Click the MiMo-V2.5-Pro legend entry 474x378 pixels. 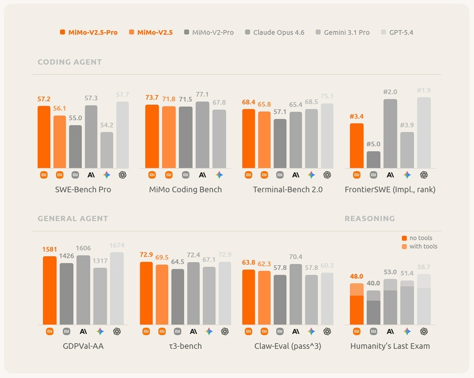tap(89, 32)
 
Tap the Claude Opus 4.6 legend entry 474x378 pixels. tap(274, 32)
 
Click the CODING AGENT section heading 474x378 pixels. tap(70, 62)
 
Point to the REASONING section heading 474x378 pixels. tap(369, 218)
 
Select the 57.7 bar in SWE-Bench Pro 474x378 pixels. tap(122, 135)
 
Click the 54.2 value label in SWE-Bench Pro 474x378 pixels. tap(107, 125)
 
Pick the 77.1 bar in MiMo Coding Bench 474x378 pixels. tap(202, 135)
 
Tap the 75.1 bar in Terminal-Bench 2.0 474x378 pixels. tap(327, 136)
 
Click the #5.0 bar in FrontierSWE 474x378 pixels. tap(374, 160)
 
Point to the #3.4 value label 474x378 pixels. tap(356, 117)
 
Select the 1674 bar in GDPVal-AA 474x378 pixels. tap(117, 288)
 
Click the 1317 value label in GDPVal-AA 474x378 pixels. tap(100, 261)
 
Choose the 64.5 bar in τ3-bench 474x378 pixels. tap(178, 297)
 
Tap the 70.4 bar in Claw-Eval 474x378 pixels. tap(296, 294)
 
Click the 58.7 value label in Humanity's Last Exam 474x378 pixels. tap(424, 267)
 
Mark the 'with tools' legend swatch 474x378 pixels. tap(404, 246)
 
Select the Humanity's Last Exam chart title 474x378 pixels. tap(390, 346)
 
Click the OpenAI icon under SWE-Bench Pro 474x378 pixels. tap(122, 175)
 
